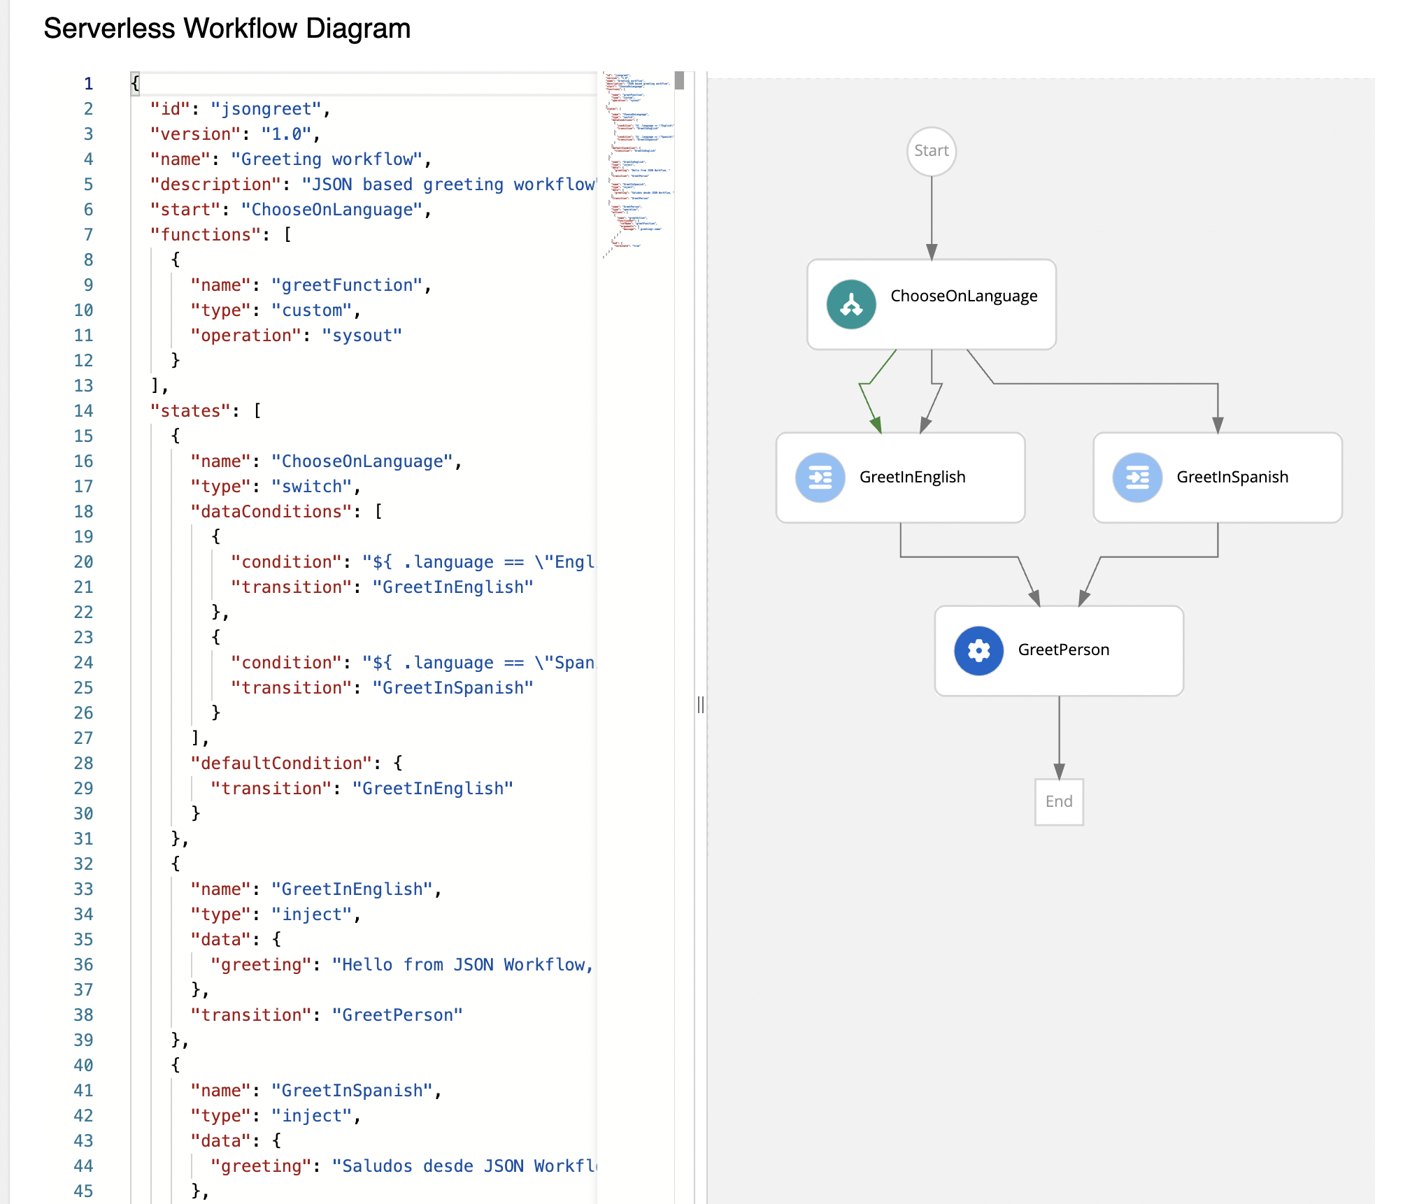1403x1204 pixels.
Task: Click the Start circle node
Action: (931, 151)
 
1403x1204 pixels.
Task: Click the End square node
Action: (1058, 801)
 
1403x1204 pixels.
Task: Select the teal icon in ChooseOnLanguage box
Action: (850, 304)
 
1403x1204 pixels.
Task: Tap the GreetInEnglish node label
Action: (912, 477)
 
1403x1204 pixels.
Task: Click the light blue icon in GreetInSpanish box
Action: (1137, 478)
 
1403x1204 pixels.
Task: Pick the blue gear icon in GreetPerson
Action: (978, 650)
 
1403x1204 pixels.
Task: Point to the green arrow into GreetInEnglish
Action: (875, 423)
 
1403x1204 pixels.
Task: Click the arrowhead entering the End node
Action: (1059, 771)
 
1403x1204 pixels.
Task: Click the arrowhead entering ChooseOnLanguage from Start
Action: (931, 252)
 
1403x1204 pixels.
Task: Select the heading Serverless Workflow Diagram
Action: (227, 29)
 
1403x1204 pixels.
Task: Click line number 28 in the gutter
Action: (83, 763)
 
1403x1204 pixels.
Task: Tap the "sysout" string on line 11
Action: (362, 336)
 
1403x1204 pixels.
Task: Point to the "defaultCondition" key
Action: (280, 764)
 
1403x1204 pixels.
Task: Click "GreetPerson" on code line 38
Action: (397, 1015)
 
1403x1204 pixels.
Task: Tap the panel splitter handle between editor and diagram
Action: (700, 705)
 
